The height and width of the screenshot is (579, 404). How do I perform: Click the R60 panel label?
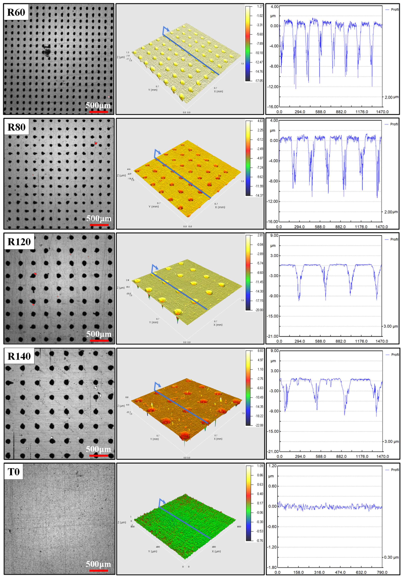(16, 12)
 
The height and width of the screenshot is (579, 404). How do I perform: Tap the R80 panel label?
(16, 127)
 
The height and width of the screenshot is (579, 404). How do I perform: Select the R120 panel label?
(19, 242)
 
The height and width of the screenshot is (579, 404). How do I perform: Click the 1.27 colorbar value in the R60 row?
(260, 6)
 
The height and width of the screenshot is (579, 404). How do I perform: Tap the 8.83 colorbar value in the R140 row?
(260, 351)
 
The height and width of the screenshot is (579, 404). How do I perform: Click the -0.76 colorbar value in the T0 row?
(260, 540)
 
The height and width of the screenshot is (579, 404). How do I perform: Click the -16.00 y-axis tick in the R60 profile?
(273, 107)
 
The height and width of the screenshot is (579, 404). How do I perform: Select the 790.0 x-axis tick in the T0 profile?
(382, 572)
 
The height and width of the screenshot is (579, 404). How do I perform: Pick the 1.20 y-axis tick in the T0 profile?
(272, 466)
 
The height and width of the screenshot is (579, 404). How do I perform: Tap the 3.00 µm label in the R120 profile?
(391, 326)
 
